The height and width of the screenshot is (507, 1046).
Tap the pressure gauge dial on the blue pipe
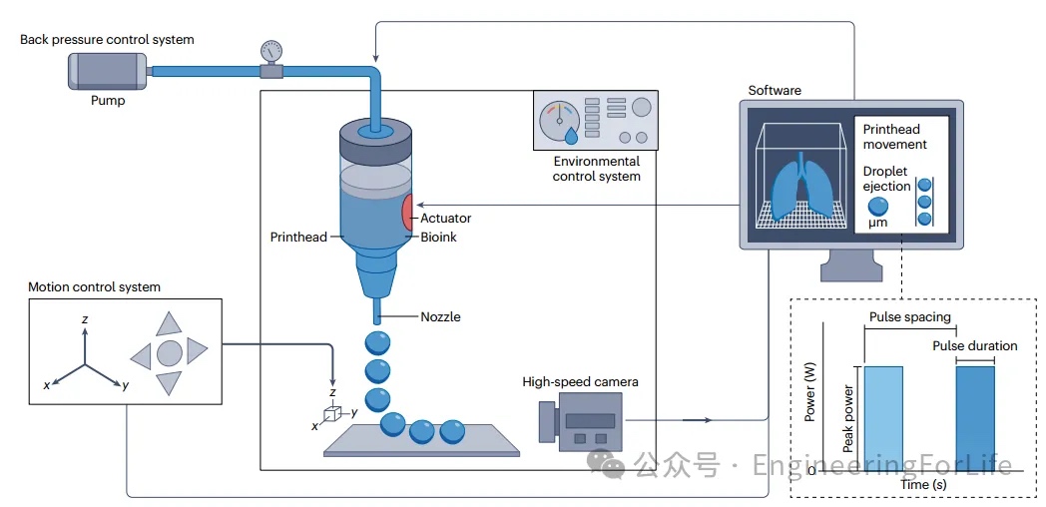[270, 50]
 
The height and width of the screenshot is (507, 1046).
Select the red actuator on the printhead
[409, 213]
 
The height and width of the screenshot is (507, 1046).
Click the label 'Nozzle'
[440, 317]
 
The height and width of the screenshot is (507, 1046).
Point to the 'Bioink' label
[438, 238]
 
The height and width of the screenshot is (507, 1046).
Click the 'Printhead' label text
[297, 238]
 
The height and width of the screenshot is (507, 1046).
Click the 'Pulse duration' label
[974, 346]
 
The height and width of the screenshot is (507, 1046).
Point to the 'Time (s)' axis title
[923, 484]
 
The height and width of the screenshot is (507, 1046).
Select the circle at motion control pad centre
[169, 352]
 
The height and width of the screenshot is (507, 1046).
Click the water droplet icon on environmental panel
[571, 134]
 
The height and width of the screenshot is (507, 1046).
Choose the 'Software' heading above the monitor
[775, 91]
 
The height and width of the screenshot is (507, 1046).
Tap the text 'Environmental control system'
[597, 169]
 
